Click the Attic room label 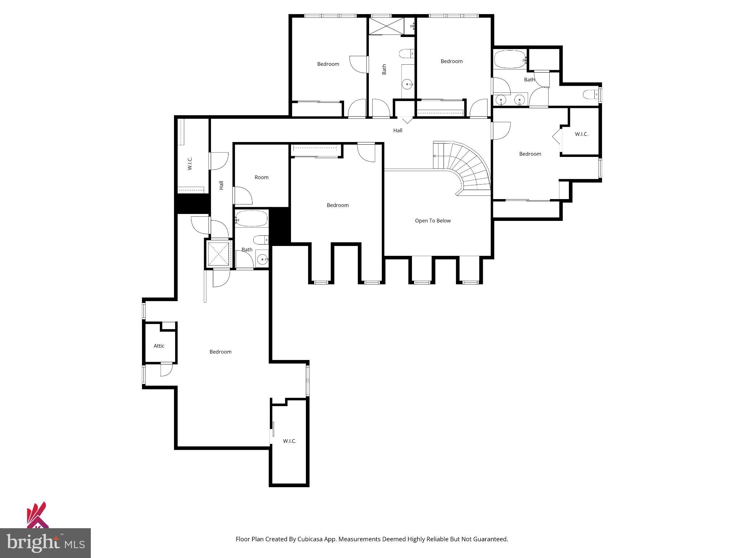159,346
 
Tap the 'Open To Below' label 433,221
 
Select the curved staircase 469,167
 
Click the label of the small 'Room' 261,177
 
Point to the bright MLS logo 45,543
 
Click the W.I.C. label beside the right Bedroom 581,134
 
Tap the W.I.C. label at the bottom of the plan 290,441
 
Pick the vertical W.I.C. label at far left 190,163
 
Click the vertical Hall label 221,185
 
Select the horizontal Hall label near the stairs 397,130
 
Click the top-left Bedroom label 328,64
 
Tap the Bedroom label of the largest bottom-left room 220,352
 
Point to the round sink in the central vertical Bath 407,84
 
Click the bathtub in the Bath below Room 251,219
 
